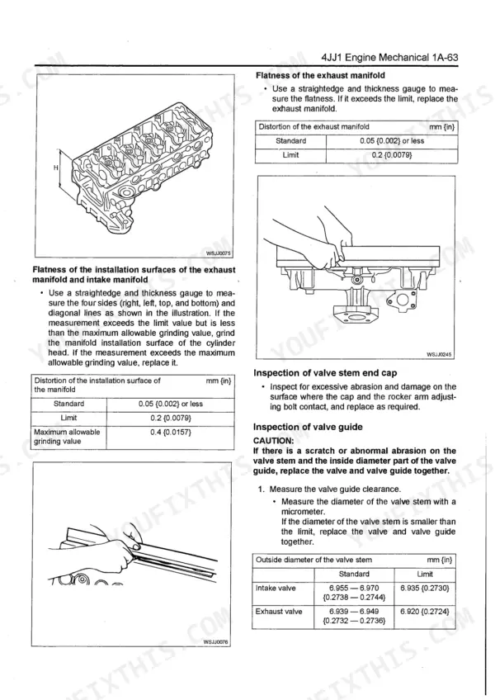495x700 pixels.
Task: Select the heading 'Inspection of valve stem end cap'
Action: point(325,373)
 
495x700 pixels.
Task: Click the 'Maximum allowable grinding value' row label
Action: point(66,437)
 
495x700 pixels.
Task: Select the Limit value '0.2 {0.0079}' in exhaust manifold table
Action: point(392,154)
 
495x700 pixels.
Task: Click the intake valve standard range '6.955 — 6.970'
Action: point(353,588)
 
